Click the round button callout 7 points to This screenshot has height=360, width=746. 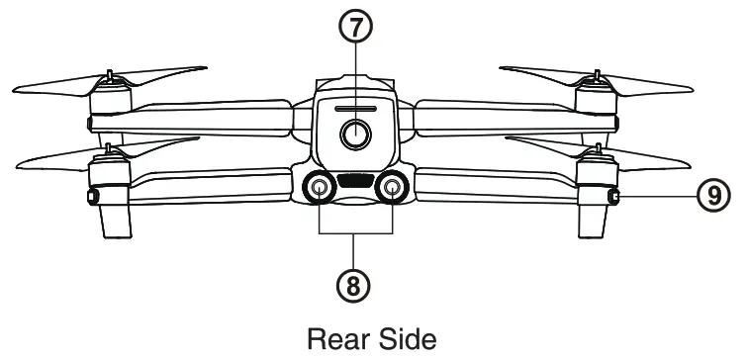pyautogui.click(x=354, y=134)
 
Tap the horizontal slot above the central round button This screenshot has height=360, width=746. pyautogui.click(x=354, y=109)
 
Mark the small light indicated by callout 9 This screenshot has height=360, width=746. pyautogui.click(x=615, y=198)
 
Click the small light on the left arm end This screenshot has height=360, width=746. pyautogui.click(x=94, y=198)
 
